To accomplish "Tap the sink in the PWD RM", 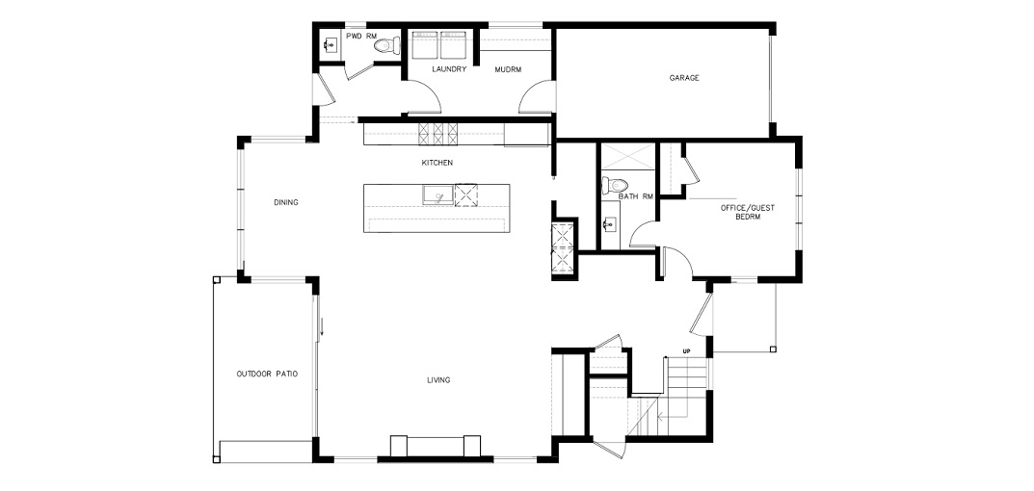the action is (x=331, y=45).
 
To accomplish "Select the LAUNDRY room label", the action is (x=450, y=69).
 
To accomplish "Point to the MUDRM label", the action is (x=509, y=69).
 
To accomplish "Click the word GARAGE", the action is (x=684, y=78).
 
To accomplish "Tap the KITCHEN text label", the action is (x=437, y=162).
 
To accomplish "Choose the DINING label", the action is (x=286, y=202).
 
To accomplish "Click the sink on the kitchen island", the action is (x=437, y=195).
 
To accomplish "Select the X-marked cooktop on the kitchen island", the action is (x=465, y=195).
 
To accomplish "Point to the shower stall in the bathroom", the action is (x=626, y=156).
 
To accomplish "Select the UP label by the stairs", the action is (x=686, y=351).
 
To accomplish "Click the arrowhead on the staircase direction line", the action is (x=659, y=417).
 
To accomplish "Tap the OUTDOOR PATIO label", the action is (x=267, y=374).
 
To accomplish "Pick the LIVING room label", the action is (x=438, y=380).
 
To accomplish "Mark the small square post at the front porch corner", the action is (x=774, y=349).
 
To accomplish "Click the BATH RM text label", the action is (x=636, y=196).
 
